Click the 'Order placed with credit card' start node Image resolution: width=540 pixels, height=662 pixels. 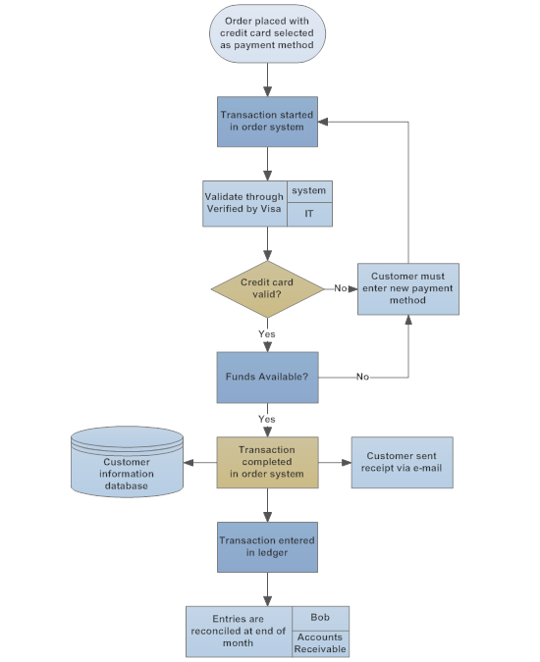(x=267, y=33)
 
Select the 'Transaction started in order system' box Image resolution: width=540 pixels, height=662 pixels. (x=267, y=122)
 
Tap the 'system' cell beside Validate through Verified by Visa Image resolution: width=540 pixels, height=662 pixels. (x=308, y=190)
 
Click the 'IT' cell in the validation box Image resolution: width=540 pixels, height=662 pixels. (x=308, y=213)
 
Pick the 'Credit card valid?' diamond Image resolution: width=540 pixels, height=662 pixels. (x=267, y=288)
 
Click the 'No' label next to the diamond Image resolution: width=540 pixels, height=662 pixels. (x=340, y=288)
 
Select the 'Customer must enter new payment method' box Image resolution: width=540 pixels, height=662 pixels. (x=406, y=288)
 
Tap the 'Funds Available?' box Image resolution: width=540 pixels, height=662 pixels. (x=267, y=377)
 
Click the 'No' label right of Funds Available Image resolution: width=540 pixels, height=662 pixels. (x=362, y=377)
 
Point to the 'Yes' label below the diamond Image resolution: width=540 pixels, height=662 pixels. (x=267, y=333)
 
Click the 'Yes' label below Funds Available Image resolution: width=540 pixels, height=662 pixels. (x=267, y=419)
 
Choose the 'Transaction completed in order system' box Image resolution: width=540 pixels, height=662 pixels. (x=267, y=462)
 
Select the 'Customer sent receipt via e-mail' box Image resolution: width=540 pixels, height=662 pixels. (x=404, y=462)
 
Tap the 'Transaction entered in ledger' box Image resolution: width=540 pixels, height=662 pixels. (x=267, y=546)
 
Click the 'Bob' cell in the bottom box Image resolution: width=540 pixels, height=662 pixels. (x=320, y=617)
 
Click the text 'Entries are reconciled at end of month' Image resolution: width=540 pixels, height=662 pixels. (x=239, y=631)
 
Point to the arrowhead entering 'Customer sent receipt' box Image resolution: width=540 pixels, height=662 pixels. (x=348, y=462)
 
